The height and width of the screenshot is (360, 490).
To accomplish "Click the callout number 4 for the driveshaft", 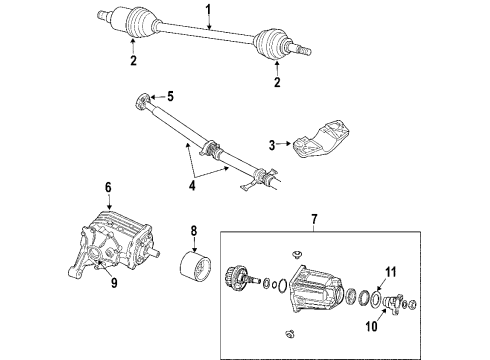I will [169, 96].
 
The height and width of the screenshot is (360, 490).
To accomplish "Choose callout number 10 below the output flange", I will [393, 271].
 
